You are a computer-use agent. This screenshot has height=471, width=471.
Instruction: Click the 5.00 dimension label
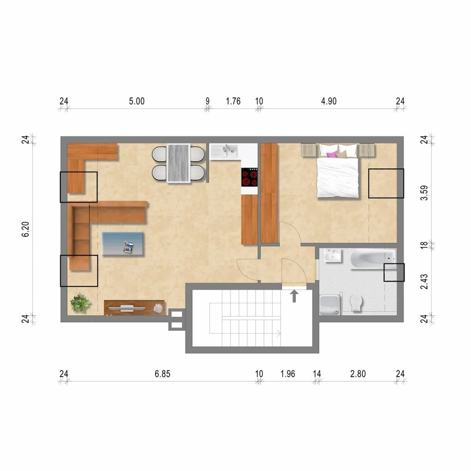coord(137,101)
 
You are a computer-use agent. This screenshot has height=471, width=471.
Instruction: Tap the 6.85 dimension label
coord(162,374)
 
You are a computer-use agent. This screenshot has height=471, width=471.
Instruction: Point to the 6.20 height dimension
coord(26,229)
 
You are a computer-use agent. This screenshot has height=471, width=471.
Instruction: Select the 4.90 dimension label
coord(329,101)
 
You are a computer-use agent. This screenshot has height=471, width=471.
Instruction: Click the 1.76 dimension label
coord(233,101)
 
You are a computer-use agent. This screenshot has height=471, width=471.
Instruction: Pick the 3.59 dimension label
coord(424,193)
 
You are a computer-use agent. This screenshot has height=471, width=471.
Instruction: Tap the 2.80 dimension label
coord(358,374)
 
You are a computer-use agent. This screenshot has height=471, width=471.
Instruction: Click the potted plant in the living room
coord(80,303)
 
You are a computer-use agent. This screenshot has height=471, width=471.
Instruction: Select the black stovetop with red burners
coord(250,177)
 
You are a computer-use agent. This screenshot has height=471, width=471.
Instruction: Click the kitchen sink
coord(224,152)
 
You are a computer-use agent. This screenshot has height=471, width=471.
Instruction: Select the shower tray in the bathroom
coord(329,305)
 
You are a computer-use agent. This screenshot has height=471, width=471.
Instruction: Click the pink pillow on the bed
coord(332,154)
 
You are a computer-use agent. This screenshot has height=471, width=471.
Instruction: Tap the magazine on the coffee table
coord(129,247)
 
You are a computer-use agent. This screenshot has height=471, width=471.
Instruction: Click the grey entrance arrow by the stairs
coord(294,296)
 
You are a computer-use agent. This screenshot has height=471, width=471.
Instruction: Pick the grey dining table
coord(179,163)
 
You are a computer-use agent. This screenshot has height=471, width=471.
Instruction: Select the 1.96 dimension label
coord(288,374)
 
